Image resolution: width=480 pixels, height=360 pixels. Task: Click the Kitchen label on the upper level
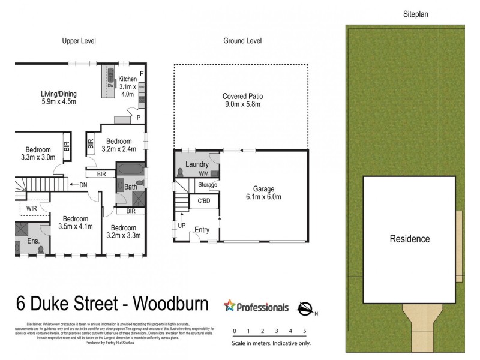click(x=127, y=79)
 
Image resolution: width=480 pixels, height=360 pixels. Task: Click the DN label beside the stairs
click(x=83, y=185)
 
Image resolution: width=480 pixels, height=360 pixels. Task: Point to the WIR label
click(x=31, y=209)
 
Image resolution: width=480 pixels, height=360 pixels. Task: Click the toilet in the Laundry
click(x=181, y=172)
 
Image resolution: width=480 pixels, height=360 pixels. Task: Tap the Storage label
click(x=208, y=185)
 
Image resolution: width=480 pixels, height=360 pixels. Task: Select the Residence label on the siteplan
click(x=410, y=239)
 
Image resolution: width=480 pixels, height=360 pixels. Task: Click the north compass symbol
click(x=305, y=308)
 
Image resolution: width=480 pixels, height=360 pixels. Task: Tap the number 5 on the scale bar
click(x=305, y=331)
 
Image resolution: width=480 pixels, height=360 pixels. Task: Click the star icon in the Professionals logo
click(x=229, y=307)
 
